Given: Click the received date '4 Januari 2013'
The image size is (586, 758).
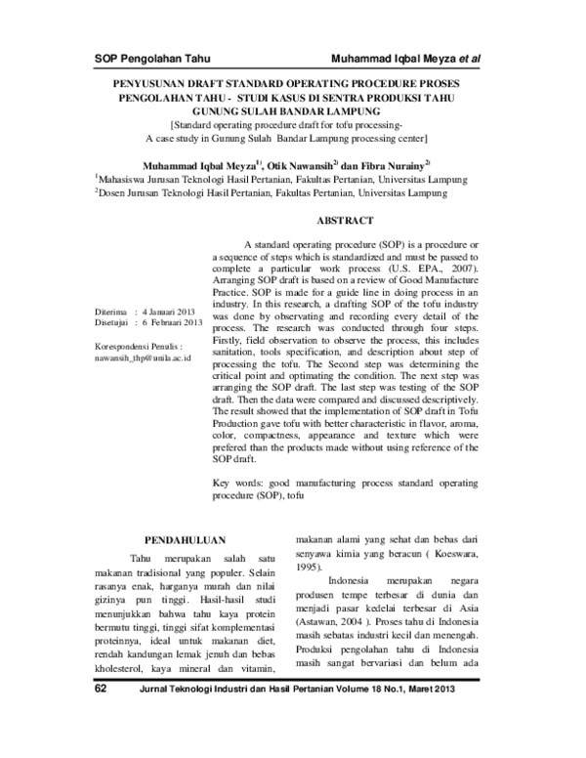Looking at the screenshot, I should coord(171,311).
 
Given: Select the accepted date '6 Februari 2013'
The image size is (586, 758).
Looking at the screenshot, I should coord(172,321).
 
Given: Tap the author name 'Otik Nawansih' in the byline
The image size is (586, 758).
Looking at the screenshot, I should coord(308,165).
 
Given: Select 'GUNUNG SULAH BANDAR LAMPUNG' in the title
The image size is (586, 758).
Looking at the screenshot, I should coord(293,112).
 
